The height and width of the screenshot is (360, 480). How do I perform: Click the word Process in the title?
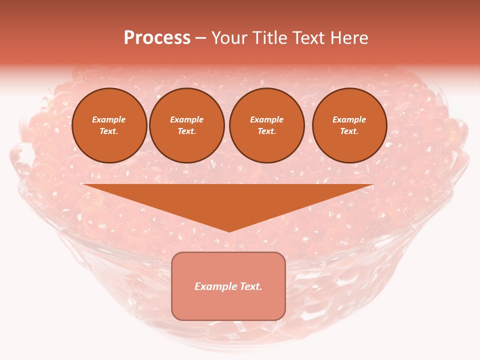[x=157, y=38]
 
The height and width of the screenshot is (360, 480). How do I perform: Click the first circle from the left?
[x=109, y=125]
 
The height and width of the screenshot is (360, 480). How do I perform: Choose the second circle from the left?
[x=187, y=125]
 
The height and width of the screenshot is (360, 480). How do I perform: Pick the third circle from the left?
[x=267, y=125]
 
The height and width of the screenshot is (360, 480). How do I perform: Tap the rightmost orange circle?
[x=349, y=125]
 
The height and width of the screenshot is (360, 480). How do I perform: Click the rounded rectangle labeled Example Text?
[x=228, y=286]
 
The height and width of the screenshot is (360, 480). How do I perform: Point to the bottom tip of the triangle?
[x=229, y=231]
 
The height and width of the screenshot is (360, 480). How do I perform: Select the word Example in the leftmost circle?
[x=109, y=119]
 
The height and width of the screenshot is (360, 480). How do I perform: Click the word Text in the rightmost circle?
[x=348, y=131]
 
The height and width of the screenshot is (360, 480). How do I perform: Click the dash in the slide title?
[x=200, y=38]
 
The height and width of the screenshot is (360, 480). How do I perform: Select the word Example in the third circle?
[x=267, y=119]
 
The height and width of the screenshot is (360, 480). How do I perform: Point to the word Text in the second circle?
[x=186, y=131]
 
